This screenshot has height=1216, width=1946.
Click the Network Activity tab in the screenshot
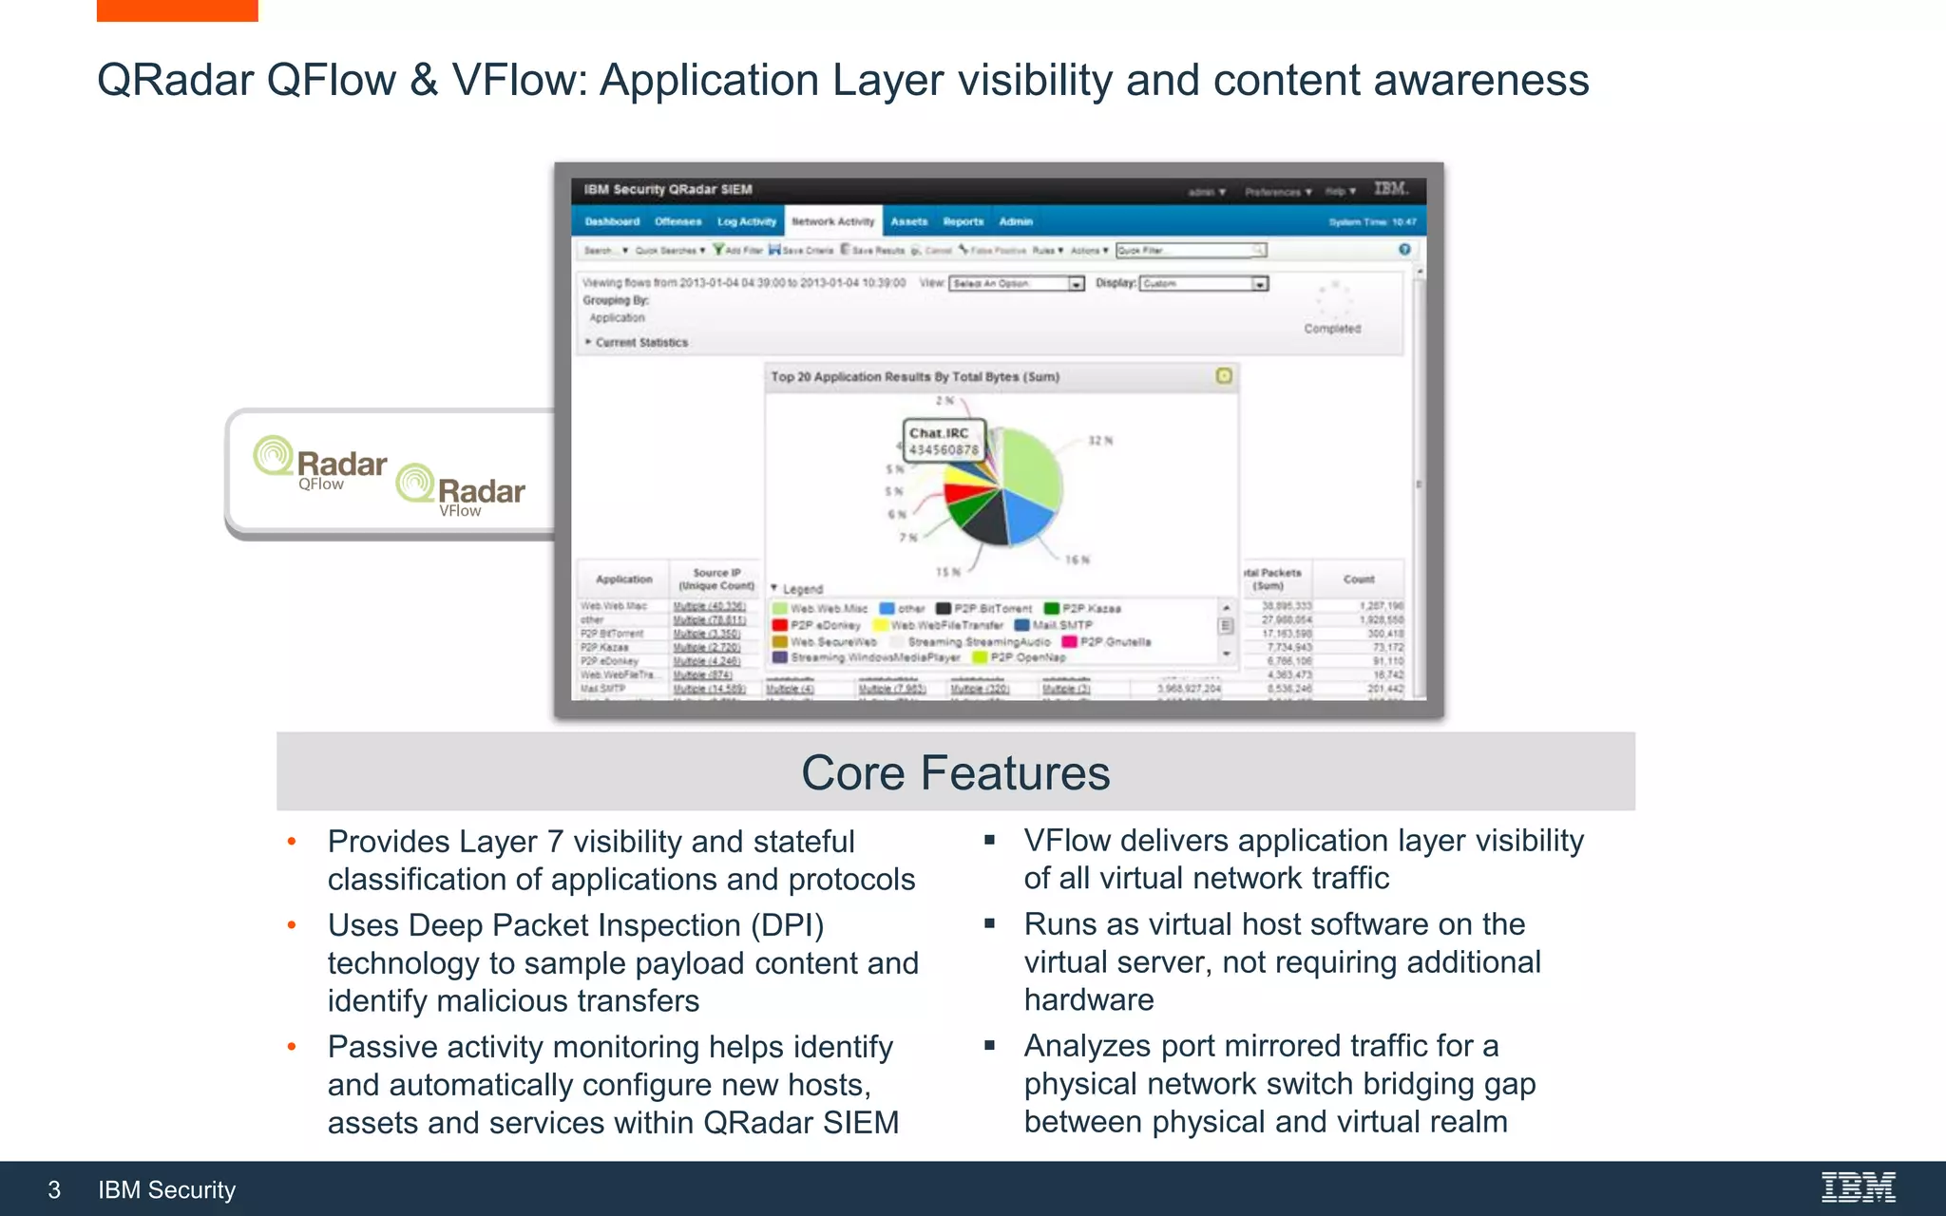833,221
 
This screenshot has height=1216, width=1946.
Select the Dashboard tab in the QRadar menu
612,221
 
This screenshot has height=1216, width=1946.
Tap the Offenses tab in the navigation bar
678,221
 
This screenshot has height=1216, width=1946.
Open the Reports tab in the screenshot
963,221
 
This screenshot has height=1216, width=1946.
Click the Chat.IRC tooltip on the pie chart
943,441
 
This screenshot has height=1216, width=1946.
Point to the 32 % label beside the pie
1100,441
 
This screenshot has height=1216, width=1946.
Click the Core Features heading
955,772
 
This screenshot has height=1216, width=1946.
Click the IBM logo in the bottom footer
1858,1187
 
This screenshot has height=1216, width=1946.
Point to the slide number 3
54,1189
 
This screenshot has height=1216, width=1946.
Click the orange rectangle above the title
177,10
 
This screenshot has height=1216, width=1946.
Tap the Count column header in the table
1358,579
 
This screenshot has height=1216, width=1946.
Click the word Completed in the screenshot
1332,329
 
